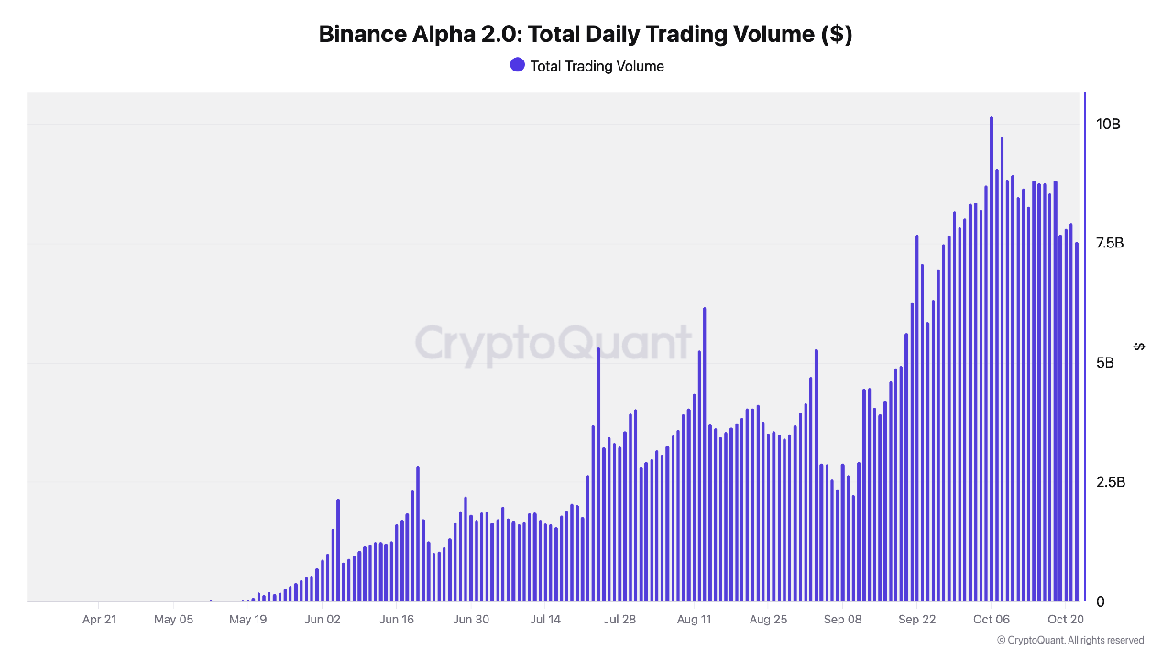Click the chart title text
click(x=586, y=35)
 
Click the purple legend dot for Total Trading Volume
click(x=518, y=65)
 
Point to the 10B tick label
click(x=1108, y=125)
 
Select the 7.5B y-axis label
click(x=1110, y=244)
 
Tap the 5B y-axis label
click(x=1106, y=363)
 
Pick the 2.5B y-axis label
click(x=1110, y=482)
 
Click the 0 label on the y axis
click(x=1101, y=601)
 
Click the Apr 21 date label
click(x=99, y=620)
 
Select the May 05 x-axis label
click(x=173, y=620)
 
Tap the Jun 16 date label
click(x=396, y=620)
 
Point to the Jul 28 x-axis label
click(x=619, y=620)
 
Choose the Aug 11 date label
click(x=694, y=620)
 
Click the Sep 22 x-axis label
click(x=916, y=620)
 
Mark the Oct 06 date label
click(x=992, y=620)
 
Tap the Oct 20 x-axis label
click(x=1066, y=620)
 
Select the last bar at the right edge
click(x=1077, y=422)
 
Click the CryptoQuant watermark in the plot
click(x=553, y=344)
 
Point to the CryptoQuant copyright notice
click(x=1070, y=640)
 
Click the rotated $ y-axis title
click(x=1139, y=346)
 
